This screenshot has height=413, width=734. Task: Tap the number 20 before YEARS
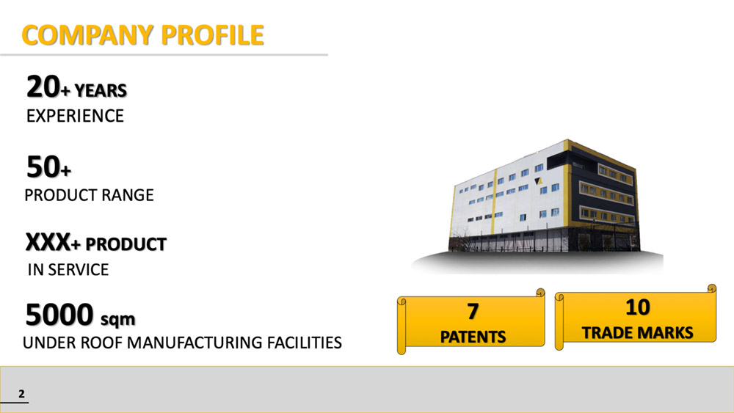point(42,88)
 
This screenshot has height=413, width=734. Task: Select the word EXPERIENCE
point(75,116)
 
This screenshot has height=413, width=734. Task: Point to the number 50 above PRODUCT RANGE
point(42,168)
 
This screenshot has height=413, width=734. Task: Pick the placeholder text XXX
point(47,243)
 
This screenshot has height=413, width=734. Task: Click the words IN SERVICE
point(68,270)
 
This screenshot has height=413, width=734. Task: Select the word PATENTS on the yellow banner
point(473,337)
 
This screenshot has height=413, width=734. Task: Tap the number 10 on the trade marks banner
point(637,307)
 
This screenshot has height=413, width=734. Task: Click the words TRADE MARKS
point(637,332)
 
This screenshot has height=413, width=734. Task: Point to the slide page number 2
point(21,394)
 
